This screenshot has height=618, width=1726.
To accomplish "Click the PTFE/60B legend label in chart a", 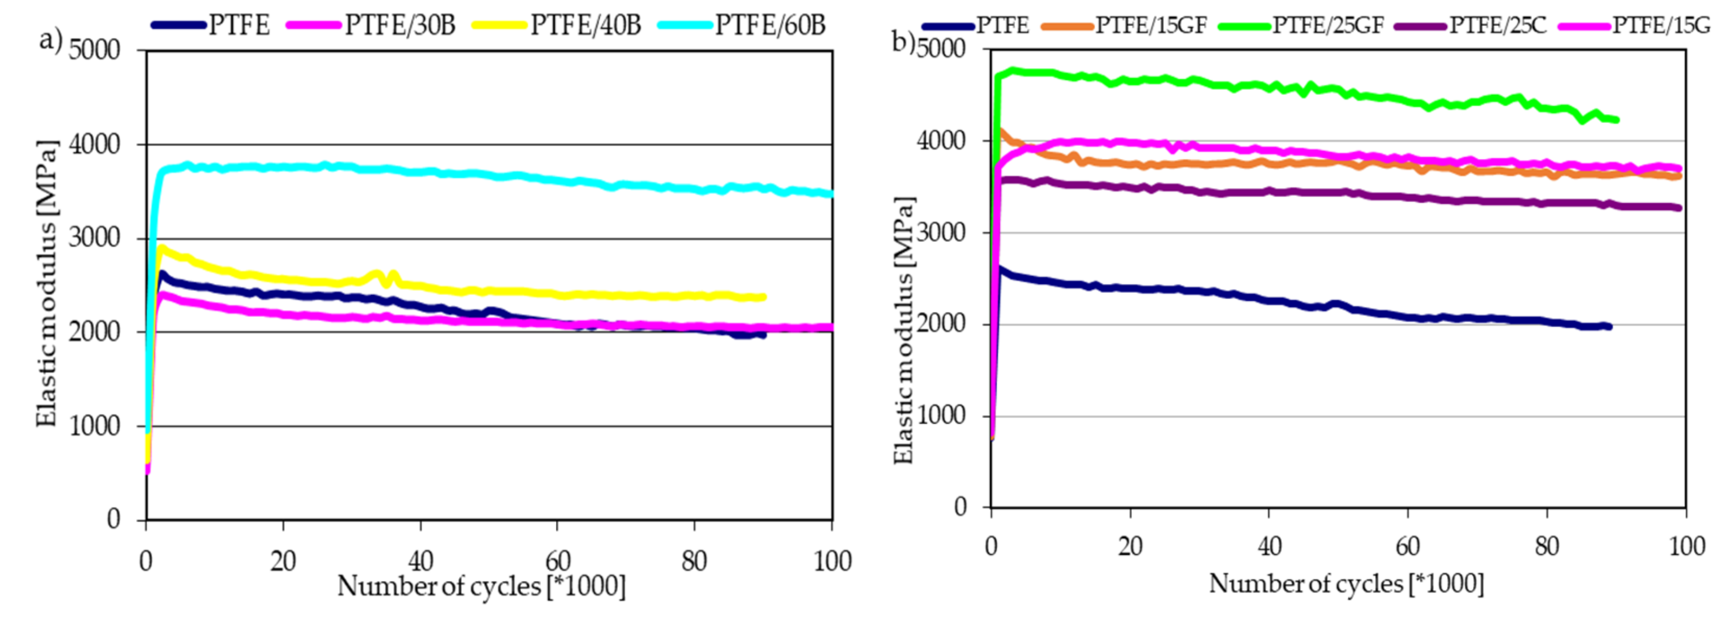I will (771, 25).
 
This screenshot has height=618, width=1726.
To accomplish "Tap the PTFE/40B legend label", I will (586, 25).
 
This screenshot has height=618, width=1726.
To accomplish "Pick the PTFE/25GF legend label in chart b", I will (1328, 25).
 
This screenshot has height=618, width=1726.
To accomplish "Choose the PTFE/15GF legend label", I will (1151, 25).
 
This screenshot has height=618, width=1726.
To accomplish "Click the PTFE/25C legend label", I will (1498, 25).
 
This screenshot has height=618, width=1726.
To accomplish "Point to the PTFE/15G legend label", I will (1661, 25).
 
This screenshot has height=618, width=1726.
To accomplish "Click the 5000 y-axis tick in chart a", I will (95, 50).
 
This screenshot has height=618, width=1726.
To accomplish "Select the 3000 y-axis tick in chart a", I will (95, 238).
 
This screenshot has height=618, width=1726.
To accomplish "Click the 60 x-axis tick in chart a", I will (558, 561).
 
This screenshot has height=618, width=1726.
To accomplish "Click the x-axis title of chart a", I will (481, 586).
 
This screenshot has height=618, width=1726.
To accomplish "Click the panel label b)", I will (903, 42).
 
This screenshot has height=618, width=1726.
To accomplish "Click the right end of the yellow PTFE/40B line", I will (763, 297).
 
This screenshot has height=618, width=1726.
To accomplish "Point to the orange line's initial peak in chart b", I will (1001, 131).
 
